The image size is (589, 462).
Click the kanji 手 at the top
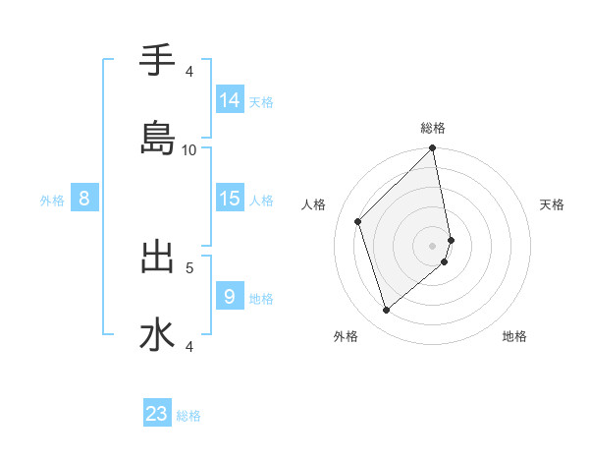click(x=157, y=61)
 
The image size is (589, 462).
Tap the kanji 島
click(x=157, y=139)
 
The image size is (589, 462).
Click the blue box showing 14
click(x=230, y=100)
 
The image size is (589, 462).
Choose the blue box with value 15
click(x=230, y=199)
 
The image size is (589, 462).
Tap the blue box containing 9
click(x=230, y=295)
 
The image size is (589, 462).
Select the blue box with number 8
click(x=84, y=199)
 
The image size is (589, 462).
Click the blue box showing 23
click(x=157, y=413)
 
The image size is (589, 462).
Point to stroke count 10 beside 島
click(x=189, y=149)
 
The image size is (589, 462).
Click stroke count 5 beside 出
click(x=189, y=266)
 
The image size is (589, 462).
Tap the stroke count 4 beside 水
click(x=189, y=345)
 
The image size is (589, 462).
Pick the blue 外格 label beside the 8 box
click(x=52, y=201)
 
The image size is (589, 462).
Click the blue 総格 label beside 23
click(x=188, y=416)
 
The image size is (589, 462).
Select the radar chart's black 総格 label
click(x=433, y=129)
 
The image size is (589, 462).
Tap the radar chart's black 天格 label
click(x=553, y=205)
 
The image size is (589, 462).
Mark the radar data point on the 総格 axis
click(x=433, y=149)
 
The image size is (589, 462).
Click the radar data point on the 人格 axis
click(x=358, y=221)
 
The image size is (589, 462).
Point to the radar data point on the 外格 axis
click(x=386, y=311)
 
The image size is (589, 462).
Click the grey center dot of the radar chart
click(x=433, y=246)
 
